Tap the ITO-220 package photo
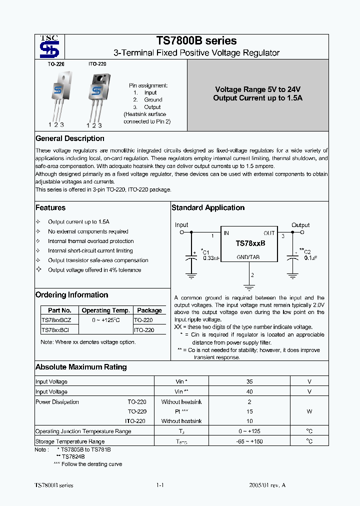(96, 93)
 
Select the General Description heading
(70, 138)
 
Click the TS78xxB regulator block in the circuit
(249, 243)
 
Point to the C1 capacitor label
(205, 252)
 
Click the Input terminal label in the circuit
(181, 225)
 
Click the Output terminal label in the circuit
(300, 225)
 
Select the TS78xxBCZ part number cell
(56, 320)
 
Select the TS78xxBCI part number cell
(55, 330)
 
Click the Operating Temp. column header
(106, 310)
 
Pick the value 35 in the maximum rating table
(249, 382)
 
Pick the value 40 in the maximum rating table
(249, 392)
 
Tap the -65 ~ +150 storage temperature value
(249, 441)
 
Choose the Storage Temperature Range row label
(70, 441)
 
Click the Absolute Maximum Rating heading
(81, 367)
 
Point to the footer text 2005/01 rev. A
(267, 485)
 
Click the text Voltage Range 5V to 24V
(257, 89)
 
